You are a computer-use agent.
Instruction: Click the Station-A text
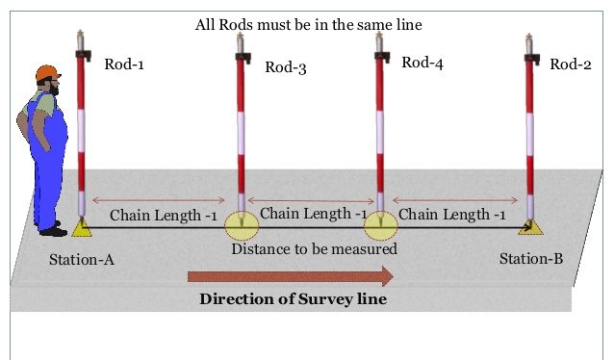click(83, 260)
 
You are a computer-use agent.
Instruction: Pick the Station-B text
click(532, 259)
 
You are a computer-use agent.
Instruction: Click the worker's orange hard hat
click(47, 74)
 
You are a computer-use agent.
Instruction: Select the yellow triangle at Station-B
click(527, 226)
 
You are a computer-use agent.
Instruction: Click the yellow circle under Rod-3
click(242, 226)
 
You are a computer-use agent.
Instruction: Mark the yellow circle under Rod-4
click(380, 226)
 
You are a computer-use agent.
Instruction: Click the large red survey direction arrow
click(290, 277)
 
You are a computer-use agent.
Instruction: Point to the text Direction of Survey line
click(293, 298)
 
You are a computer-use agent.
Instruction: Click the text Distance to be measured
click(314, 249)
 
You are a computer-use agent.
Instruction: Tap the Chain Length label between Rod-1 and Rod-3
click(163, 215)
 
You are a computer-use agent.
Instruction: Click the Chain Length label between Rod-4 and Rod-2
click(452, 214)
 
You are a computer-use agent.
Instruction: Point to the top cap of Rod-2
click(528, 43)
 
